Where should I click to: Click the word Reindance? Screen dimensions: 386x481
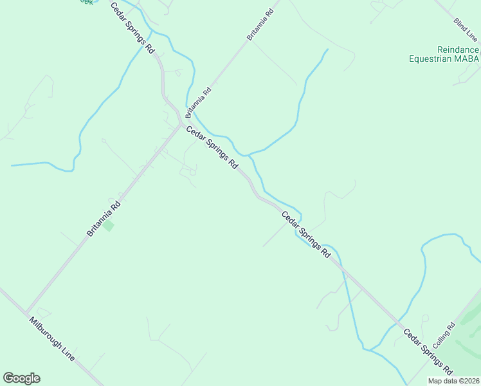[x=458, y=50]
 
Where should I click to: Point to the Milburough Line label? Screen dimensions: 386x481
[x=51, y=338]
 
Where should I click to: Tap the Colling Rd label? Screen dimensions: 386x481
[x=444, y=335]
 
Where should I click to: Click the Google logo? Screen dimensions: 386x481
[x=21, y=378]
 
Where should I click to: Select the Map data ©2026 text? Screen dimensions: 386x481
[x=453, y=381]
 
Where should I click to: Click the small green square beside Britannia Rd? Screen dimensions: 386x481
[x=109, y=225]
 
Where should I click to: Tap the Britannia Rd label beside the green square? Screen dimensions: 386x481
[x=104, y=219]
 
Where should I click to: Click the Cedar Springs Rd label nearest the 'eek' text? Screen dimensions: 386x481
[x=132, y=27]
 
